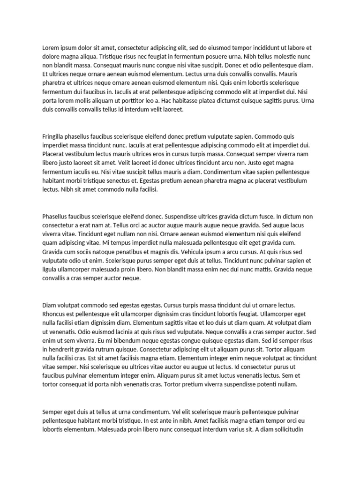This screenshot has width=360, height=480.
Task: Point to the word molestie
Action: coord(271,57)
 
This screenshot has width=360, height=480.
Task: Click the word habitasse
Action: coord(189,101)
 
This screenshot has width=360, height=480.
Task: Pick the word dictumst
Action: coord(235,101)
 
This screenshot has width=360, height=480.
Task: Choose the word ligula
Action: coord(50,270)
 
